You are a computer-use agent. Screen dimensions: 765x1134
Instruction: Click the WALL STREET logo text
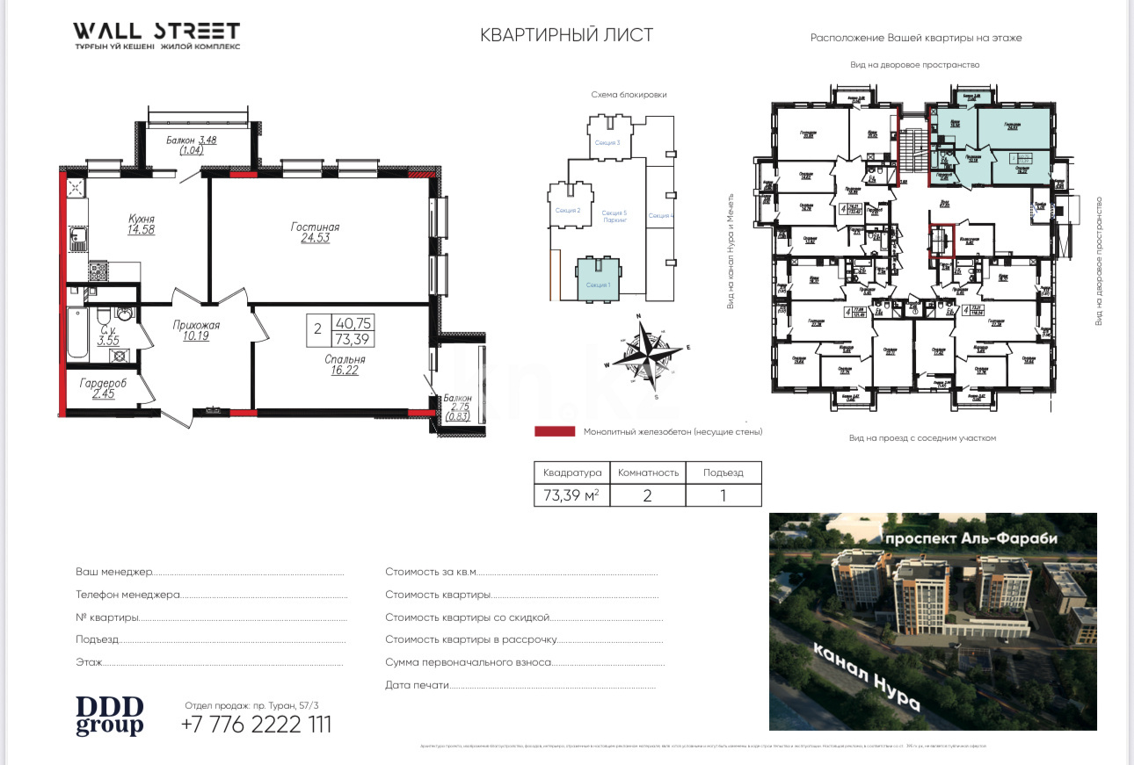pyautogui.click(x=156, y=32)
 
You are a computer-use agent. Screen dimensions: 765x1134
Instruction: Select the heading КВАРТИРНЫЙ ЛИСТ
pyautogui.click(x=566, y=35)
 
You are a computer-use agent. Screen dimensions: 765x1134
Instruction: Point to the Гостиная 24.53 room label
pyautogui.click(x=315, y=232)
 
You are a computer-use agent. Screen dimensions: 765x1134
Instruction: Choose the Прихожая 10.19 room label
pyautogui.click(x=195, y=330)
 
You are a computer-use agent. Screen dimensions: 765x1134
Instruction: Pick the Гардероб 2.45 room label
pyautogui.click(x=103, y=388)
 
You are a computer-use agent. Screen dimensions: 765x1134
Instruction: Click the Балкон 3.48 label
pyautogui.click(x=191, y=145)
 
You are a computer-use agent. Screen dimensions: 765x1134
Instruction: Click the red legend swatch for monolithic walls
pyautogui.click(x=554, y=432)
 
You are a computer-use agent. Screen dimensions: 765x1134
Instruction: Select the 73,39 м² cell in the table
pyautogui.click(x=571, y=495)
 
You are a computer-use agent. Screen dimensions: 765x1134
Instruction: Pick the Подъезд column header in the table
pyautogui.click(x=723, y=473)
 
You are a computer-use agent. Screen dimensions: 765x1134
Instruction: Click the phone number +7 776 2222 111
pyautogui.click(x=256, y=725)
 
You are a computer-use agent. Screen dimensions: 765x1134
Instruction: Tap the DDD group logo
pyautogui.click(x=109, y=716)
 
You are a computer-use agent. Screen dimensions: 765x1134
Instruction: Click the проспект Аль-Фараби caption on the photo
pyautogui.click(x=970, y=538)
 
